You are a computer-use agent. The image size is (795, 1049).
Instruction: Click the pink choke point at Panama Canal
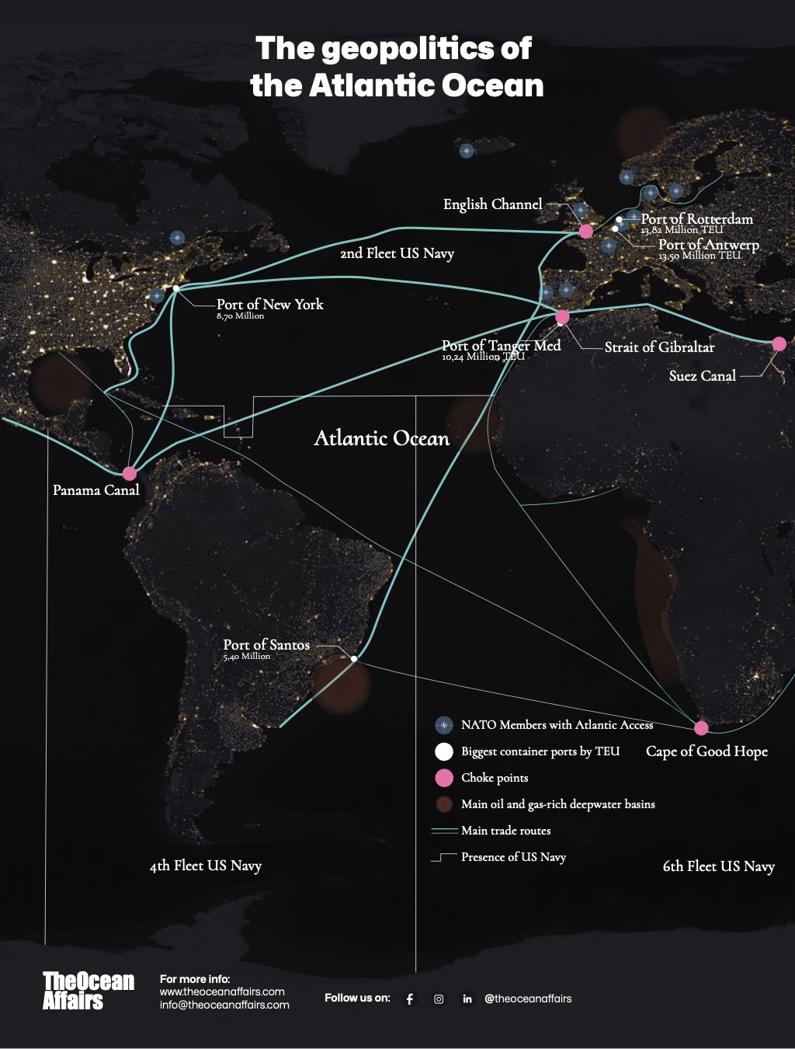tap(130, 473)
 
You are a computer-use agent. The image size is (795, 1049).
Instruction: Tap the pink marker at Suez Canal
tap(779, 343)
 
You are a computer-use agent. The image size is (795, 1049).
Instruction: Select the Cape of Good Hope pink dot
tap(701, 728)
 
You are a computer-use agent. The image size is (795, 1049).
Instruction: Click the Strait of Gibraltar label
tap(659, 347)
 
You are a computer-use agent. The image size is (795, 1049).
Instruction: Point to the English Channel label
tap(492, 204)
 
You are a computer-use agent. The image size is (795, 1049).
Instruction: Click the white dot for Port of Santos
tap(354, 659)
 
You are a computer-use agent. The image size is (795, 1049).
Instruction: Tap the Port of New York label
tap(269, 305)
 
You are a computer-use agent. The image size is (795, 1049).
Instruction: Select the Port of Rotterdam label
tap(696, 219)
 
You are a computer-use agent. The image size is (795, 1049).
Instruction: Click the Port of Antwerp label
tap(708, 245)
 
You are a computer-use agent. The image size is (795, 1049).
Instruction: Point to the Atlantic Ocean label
tap(381, 438)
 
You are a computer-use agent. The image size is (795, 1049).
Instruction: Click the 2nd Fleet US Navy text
tap(397, 253)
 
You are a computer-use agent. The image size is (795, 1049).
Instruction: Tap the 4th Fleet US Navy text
tap(206, 866)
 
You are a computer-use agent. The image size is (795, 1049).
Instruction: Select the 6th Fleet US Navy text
tap(718, 866)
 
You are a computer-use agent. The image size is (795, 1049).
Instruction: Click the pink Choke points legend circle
tap(444, 778)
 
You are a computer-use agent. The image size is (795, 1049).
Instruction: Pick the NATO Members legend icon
tap(444, 725)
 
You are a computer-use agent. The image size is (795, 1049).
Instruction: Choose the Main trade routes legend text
tap(505, 831)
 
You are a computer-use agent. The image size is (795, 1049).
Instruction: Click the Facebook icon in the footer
tap(410, 999)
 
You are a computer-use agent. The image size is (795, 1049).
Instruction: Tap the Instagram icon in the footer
tap(439, 999)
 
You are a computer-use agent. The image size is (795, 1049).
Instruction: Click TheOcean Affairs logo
tap(88, 991)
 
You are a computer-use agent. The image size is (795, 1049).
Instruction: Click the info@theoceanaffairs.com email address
tap(224, 1005)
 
